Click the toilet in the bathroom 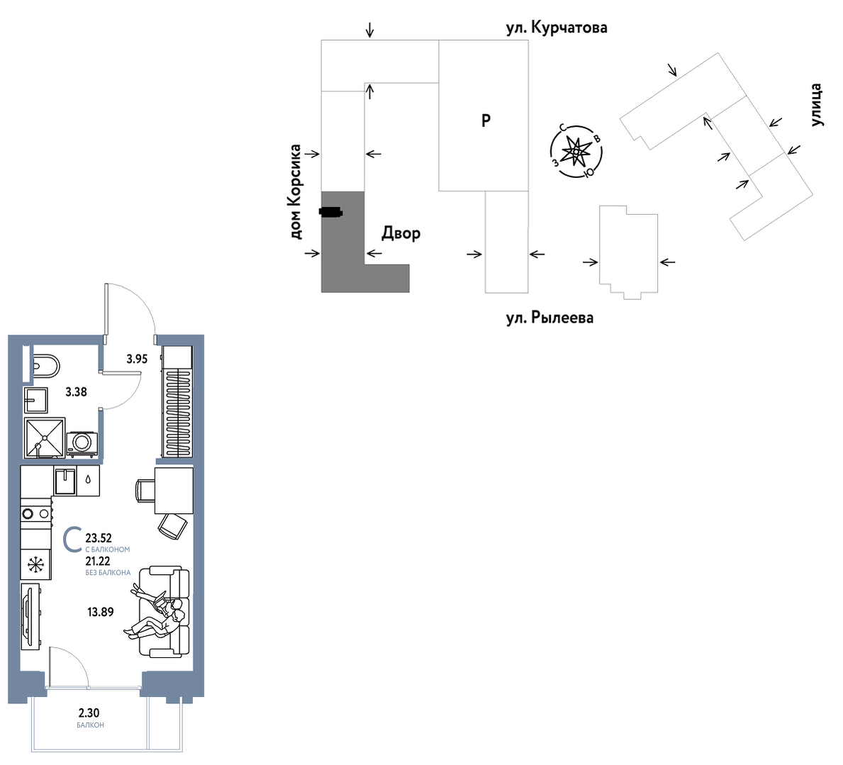45,366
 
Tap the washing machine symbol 82,443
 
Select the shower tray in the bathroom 45,437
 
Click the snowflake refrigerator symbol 36,564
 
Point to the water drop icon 88,480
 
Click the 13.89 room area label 101,612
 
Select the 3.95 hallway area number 137,359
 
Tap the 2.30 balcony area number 89,713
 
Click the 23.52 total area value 99,538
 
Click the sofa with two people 164,610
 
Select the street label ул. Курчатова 557,28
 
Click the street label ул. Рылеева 549,318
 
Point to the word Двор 401,233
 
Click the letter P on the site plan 486,121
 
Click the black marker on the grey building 330,212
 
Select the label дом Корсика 295,192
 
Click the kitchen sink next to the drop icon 65,481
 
